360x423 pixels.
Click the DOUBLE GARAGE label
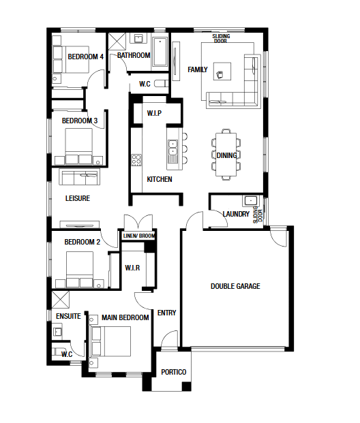tap(235, 286)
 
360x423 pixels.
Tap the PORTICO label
tap(174, 373)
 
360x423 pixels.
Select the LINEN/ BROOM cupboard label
tap(139, 236)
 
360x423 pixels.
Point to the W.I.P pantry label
tap(154, 113)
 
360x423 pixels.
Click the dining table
tap(226, 155)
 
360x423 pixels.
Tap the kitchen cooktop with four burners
tap(136, 160)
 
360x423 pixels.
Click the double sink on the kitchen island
tap(172, 148)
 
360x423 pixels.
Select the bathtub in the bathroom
tap(160, 52)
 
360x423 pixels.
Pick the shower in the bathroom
tap(117, 42)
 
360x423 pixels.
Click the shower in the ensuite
tap(61, 300)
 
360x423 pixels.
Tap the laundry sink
tap(251, 201)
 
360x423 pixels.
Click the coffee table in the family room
tap(222, 72)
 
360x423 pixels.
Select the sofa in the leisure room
tap(79, 177)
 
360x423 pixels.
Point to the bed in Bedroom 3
tap(78, 146)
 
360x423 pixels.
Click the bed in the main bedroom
tap(111, 342)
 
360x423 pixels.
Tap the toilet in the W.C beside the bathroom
tap(161, 84)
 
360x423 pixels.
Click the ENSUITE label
tap(68, 316)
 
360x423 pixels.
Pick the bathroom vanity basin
tap(138, 38)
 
